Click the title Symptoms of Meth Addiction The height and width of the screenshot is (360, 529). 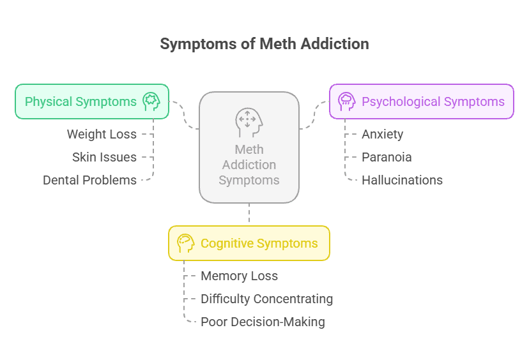click(264, 44)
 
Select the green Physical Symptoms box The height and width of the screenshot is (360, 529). click(92, 101)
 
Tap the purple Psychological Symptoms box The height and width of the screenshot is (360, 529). click(422, 101)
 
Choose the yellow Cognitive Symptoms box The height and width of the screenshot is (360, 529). click(249, 243)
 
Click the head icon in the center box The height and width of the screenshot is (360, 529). click(249, 122)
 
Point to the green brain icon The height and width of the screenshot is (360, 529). click(151, 101)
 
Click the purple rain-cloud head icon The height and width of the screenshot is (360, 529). click(346, 101)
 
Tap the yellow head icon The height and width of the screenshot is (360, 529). click(185, 243)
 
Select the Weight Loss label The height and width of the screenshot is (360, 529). click(102, 134)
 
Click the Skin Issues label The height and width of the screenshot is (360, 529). click(104, 157)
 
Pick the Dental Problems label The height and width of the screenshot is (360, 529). click(89, 180)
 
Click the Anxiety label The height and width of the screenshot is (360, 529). click(382, 134)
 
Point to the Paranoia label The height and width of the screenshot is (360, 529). click(387, 157)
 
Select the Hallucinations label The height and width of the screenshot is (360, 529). click(402, 180)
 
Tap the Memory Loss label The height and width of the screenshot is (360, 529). click(240, 276)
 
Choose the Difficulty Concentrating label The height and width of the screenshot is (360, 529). click(266, 299)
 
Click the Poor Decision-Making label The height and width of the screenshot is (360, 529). click(263, 322)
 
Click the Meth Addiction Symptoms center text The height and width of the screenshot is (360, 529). click(249, 165)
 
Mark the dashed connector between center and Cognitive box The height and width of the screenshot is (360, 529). click(249, 214)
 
